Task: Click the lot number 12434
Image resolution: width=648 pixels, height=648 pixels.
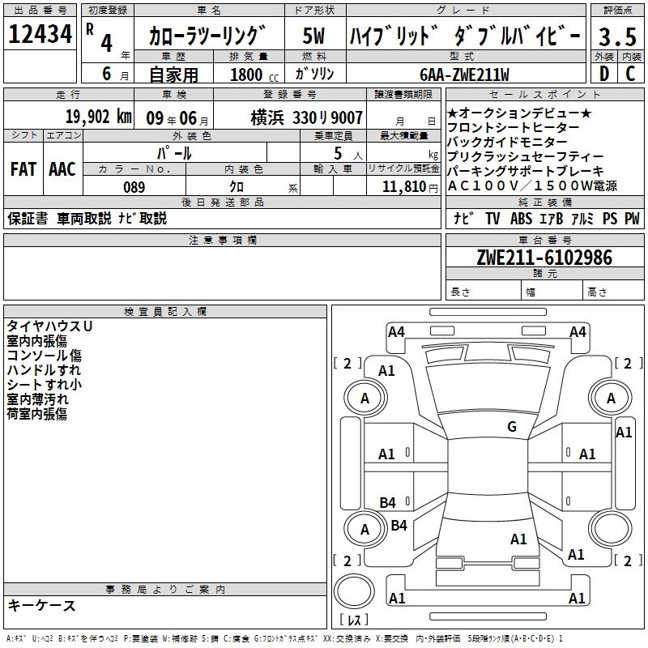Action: click(40, 34)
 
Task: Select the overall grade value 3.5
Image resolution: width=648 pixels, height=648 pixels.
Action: click(617, 36)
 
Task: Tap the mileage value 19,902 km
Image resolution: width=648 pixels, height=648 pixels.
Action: click(99, 117)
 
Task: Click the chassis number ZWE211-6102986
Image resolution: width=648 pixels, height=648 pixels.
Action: click(544, 258)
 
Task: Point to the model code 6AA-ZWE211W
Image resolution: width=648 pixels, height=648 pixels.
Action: click(464, 75)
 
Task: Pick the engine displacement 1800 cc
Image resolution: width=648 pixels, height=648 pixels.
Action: click(254, 75)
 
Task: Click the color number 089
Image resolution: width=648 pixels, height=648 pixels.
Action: click(134, 187)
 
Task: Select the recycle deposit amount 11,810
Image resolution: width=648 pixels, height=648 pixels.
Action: click(404, 187)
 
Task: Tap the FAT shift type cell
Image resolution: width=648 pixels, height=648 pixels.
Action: click(23, 169)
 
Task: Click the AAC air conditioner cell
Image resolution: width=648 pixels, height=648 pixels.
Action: click(62, 169)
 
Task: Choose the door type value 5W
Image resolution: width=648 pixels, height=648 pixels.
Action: click(313, 36)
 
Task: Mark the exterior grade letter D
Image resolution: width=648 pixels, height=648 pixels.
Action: click(604, 74)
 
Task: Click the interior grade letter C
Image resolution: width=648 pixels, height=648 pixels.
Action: click(630, 74)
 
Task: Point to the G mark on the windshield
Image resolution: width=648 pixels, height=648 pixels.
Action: click(512, 426)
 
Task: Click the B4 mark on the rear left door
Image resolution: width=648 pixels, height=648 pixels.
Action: click(388, 502)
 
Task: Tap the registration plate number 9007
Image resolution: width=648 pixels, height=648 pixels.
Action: click(347, 118)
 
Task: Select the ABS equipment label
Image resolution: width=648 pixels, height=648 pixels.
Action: click(521, 218)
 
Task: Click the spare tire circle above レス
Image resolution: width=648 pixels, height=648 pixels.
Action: click(354, 591)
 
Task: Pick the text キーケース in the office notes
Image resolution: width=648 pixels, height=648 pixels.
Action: click(42, 606)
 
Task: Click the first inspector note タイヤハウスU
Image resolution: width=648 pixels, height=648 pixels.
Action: click(49, 326)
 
